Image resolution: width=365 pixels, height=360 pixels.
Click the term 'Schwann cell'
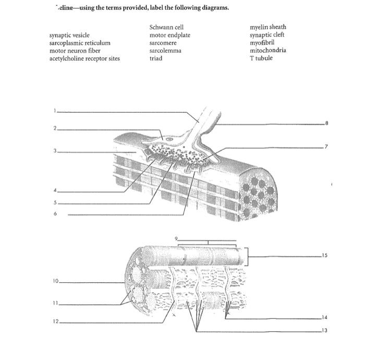coord(166,27)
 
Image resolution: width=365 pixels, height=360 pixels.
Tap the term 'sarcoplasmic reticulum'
coord(80,43)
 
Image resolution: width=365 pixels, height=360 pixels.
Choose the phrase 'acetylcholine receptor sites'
coord(84,58)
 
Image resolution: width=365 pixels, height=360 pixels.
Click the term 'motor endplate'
coord(169,35)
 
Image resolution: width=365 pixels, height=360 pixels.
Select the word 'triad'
coord(155,58)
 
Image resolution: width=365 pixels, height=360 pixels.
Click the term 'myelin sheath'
coord(267,27)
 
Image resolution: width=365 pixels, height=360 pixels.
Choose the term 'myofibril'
coord(262,43)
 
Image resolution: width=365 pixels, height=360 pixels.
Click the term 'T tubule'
coord(261,58)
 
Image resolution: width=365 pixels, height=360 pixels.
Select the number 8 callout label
coord(327,124)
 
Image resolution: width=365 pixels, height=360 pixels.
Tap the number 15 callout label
coord(324,256)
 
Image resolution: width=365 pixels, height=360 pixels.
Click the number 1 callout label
coord(54,111)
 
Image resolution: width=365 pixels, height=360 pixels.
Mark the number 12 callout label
coord(55,321)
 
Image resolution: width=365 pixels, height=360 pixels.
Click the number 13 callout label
coord(324,330)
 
